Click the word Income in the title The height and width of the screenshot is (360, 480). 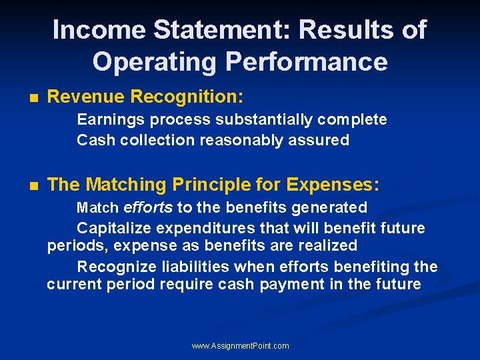[x=99, y=30]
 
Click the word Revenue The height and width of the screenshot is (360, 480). [x=86, y=97]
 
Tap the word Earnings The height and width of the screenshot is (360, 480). [x=110, y=119]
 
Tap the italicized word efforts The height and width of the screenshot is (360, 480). [x=148, y=207]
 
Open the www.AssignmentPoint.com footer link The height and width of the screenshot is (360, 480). [x=240, y=346]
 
